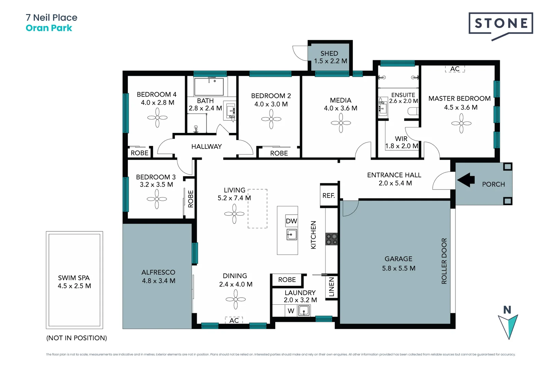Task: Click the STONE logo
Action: (501, 24)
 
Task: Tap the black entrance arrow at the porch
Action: (466, 179)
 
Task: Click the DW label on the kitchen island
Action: (291, 221)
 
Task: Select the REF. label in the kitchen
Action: (329, 195)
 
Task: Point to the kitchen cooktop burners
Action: (331, 239)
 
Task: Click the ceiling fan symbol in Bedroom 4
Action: (157, 118)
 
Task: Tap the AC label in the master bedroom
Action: (454, 69)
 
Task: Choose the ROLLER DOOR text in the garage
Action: (444, 261)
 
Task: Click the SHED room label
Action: (329, 53)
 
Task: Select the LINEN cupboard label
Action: (331, 287)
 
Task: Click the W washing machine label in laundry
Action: (291, 311)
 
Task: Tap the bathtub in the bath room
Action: (209, 87)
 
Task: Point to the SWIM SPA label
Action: (74, 278)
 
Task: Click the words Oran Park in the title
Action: (49, 28)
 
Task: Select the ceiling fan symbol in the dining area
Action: (236, 299)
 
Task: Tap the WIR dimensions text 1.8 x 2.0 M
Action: (401, 146)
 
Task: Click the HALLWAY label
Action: (206, 147)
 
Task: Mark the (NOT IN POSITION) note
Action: (77, 338)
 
